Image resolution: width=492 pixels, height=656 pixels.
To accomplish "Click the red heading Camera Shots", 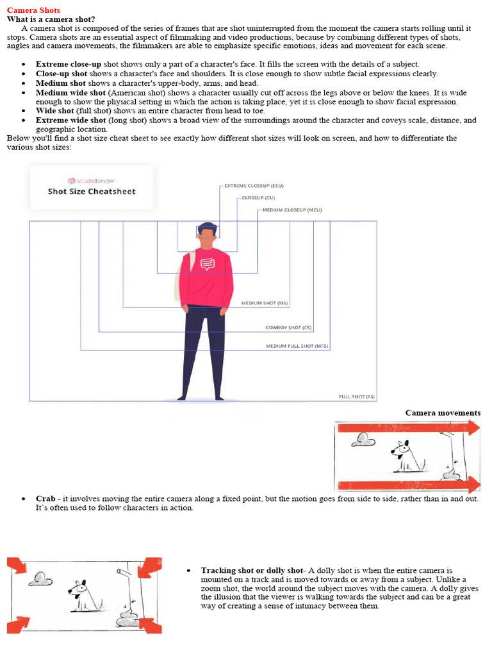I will [x=33, y=10].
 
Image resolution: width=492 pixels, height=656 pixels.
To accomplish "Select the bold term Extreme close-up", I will [x=69, y=64].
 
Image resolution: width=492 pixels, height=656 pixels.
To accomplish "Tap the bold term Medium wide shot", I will [x=70, y=92].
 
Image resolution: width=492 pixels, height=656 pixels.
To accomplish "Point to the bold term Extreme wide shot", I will [x=70, y=120].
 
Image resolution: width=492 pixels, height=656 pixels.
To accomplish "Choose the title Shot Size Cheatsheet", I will [x=92, y=192].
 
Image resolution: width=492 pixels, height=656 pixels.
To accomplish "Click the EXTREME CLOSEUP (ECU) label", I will [x=254, y=186].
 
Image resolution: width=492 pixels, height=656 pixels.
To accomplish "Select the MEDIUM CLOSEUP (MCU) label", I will [x=292, y=210].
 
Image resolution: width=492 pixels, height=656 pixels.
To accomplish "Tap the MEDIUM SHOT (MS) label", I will [x=265, y=303].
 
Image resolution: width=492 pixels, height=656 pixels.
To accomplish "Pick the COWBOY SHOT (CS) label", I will [x=288, y=327].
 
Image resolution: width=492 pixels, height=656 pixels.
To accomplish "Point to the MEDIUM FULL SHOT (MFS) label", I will [x=297, y=346].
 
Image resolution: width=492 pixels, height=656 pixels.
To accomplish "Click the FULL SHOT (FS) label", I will [x=357, y=397].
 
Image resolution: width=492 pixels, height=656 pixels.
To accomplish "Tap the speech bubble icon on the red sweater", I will [x=207, y=263].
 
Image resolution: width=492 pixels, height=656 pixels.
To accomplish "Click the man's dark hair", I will [x=207, y=228].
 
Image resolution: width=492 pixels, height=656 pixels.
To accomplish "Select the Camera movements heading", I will [x=443, y=413].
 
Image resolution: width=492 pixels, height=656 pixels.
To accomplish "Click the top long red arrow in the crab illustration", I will [x=407, y=428].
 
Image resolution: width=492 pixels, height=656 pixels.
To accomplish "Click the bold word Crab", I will [x=45, y=498].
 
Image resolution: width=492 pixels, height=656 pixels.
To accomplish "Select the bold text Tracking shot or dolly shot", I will [x=251, y=570].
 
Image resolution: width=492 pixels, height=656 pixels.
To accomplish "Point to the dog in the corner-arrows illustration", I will [x=82, y=594].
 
